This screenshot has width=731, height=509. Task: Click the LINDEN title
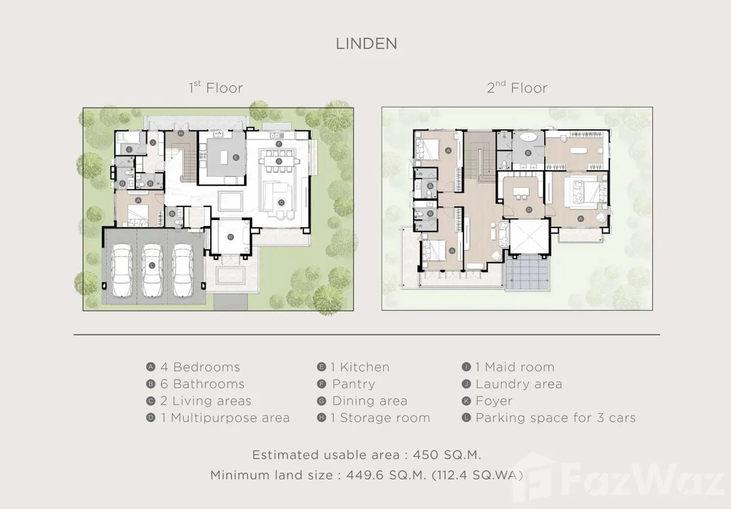(x=367, y=44)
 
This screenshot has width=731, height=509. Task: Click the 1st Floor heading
(x=216, y=88)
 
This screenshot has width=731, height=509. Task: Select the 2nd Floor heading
(x=517, y=88)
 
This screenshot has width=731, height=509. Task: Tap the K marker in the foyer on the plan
(x=231, y=237)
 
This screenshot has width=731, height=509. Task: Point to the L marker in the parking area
(x=152, y=266)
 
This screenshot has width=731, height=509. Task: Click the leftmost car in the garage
(x=122, y=270)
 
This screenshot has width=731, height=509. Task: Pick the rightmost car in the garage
(x=183, y=270)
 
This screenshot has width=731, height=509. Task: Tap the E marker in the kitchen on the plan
(x=236, y=157)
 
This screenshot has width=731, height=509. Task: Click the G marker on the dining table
(x=279, y=161)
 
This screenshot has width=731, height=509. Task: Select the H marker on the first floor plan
(x=181, y=133)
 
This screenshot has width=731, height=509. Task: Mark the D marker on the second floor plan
(x=529, y=210)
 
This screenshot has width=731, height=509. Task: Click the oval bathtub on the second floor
(x=528, y=137)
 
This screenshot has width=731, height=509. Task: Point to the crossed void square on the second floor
(x=529, y=236)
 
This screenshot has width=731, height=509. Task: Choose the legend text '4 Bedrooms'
(x=200, y=367)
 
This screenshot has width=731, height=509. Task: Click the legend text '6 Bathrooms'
(x=203, y=384)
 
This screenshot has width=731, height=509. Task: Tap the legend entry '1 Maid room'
(x=515, y=367)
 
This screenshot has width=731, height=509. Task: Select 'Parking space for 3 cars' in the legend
(x=556, y=418)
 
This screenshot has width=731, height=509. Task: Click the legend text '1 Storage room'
(x=380, y=418)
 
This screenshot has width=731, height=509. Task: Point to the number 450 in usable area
(x=425, y=455)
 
